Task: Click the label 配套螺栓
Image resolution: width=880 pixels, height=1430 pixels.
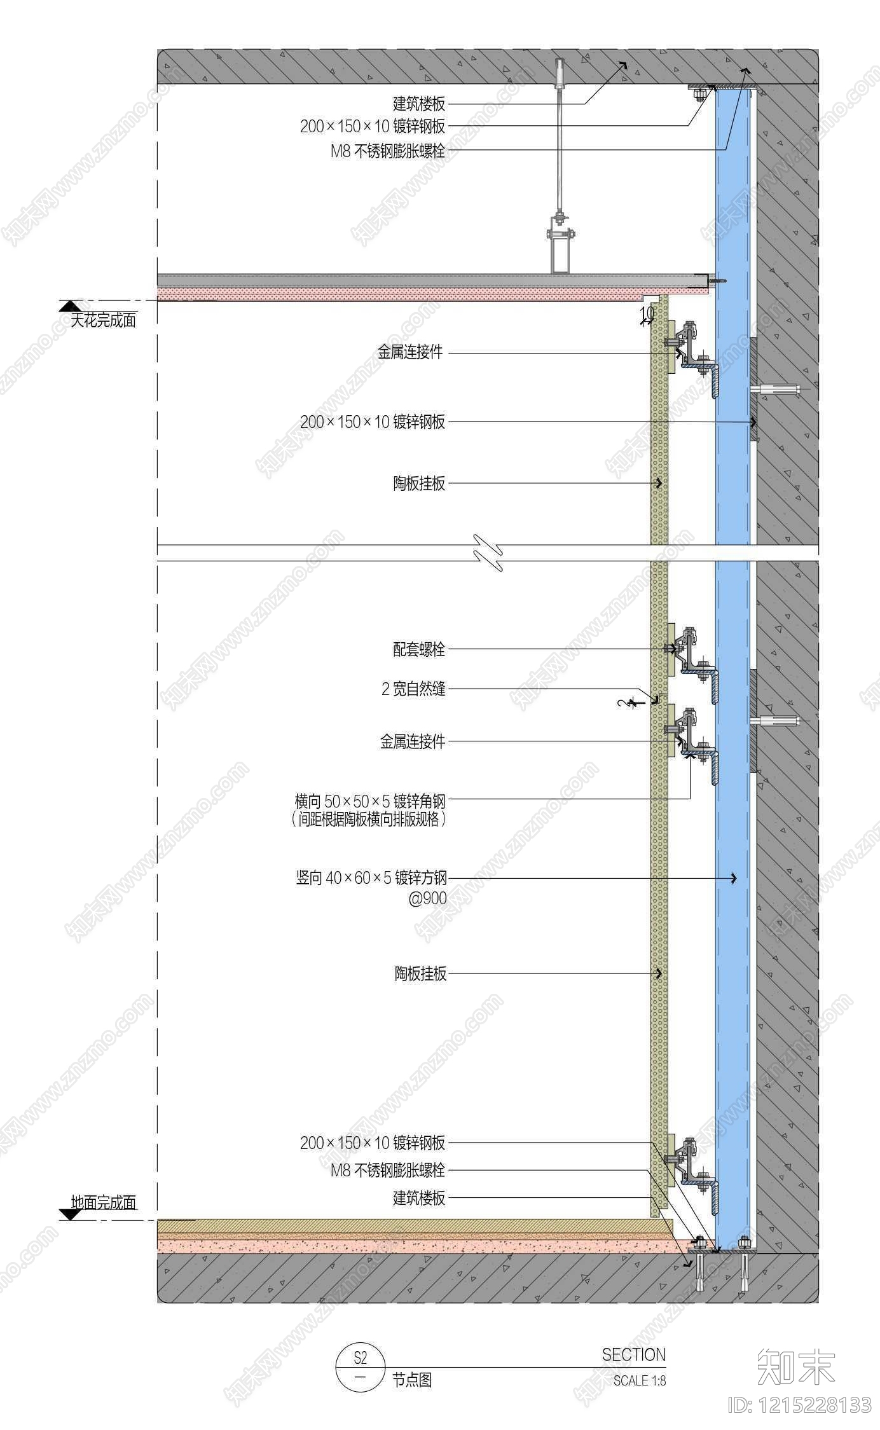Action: pos(419,649)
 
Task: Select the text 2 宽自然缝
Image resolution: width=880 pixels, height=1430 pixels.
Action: pos(413,689)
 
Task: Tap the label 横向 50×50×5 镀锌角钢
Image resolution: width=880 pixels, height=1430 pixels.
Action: pos(370,800)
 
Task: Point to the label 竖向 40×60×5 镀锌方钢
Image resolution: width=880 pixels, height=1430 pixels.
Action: pos(371,878)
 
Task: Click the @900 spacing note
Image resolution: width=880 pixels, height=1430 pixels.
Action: pos(427,898)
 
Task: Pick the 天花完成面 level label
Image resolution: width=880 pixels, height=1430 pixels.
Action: pos(103,320)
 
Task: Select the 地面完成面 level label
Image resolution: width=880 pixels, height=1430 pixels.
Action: pos(104,1202)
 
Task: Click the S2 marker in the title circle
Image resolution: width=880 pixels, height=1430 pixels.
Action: pos(361,1358)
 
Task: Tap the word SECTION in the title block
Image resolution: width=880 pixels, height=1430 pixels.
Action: pos(634,1355)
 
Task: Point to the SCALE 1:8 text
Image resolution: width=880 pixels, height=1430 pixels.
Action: pos(640,1381)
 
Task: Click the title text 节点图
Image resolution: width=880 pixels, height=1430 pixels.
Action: pos(412,1380)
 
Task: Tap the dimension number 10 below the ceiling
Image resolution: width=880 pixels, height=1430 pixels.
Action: pos(647,313)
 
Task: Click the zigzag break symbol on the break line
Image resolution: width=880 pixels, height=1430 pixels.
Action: pos(488,553)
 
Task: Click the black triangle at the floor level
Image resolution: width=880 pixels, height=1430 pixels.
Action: pos(70,1214)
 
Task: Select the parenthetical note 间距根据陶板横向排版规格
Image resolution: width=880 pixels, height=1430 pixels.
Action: pos(369,819)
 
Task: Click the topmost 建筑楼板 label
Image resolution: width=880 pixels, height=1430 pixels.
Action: pos(419,103)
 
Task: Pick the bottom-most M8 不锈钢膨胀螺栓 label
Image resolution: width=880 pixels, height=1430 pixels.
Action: pos(388,1170)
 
